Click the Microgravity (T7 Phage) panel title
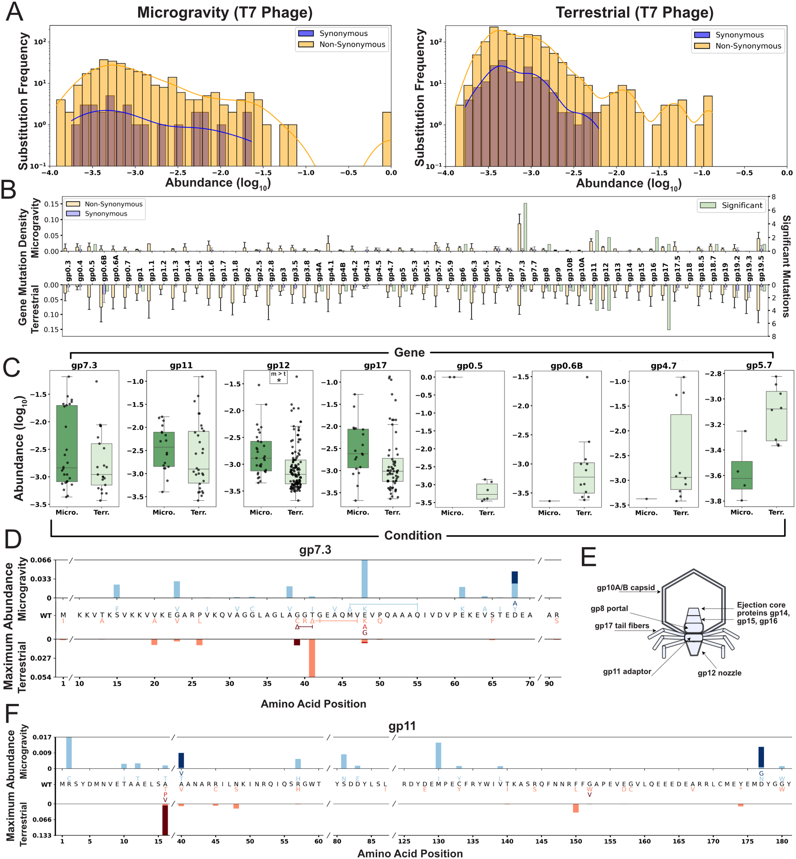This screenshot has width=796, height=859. pyautogui.click(x=225, y=12)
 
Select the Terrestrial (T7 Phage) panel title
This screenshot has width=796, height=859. pyautogui.click(x=634, y=12)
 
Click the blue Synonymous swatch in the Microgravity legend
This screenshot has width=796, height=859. pyautogui.click(x=306, y=33)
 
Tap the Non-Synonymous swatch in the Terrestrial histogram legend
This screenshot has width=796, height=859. pyautogui.click(x=702, y=46)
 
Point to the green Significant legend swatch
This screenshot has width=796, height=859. pyautogui.click(x=708, y=205)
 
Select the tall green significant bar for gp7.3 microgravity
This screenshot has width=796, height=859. pyautogui.click(x=525, y=227)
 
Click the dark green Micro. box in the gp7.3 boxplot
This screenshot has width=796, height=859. pyautogui.click(x=67, y=443)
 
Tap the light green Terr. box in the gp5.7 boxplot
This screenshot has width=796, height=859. pyautogui.click(x=776, y=416)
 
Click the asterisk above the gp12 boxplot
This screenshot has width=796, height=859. pyautogui.click(x=279, y=381)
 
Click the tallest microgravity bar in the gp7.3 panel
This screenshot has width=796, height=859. pyautogui.click(x=365, y=579)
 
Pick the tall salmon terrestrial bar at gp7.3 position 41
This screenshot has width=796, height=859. pyautogui.click(x=312, y=658)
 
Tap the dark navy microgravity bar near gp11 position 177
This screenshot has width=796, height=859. pyautogui.click(x=761, y=757)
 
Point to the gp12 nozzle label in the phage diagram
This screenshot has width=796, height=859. pyautogui.click(x=719, y=673)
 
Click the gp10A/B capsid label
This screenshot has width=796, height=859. pyautogui.click(x=626, y=588)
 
